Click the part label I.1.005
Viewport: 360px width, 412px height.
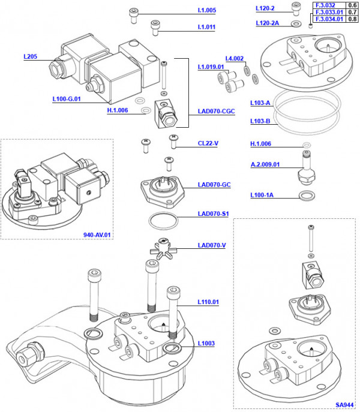(206, 11)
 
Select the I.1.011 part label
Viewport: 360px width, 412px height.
(206, 28)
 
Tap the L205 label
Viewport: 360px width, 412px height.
(31, 57)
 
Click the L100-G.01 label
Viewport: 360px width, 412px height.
(67, 99)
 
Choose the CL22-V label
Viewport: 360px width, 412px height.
(207, 143)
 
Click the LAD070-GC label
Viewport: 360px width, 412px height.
(214, 184)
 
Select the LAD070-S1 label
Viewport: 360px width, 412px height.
(214, 214)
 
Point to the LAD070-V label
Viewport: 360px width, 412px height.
(212, 245)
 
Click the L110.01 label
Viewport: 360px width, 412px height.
(208, 302)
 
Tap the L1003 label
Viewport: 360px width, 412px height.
(206, 344)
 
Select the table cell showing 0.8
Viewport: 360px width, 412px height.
(353, 19)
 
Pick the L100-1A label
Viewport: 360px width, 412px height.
(262, 196)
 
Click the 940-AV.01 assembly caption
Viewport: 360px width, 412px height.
(98, 234)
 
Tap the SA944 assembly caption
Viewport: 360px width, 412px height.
(344, 405)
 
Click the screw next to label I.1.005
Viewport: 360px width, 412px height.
(133, 14)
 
